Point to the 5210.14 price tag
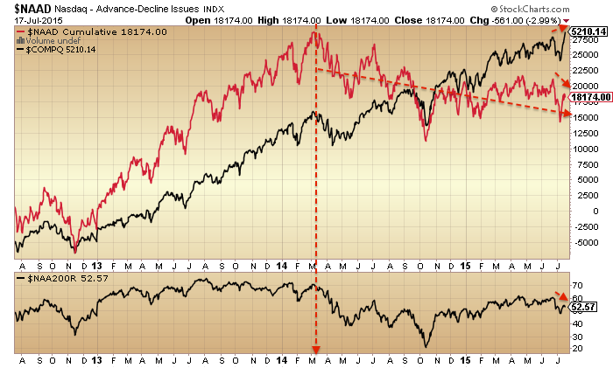point(588,31)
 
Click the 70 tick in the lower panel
point(576,286)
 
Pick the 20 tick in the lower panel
point(576,348)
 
